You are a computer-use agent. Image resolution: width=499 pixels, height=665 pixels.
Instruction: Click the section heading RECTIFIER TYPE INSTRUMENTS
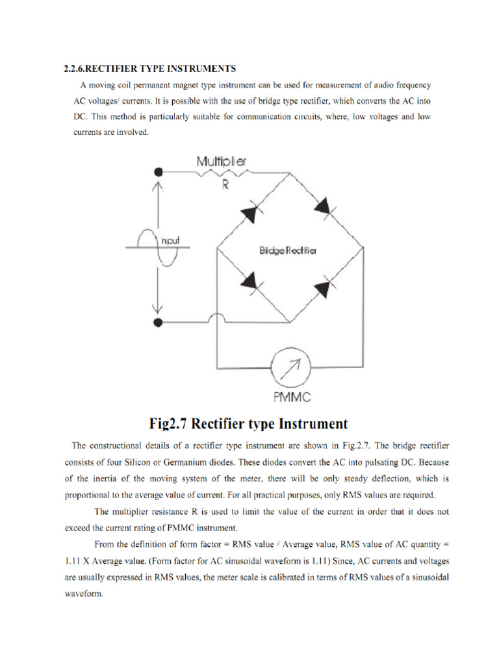pos(149,68)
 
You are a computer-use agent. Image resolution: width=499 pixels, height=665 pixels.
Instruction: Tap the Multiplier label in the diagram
pos(221,160)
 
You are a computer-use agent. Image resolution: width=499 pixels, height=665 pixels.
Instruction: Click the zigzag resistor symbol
pos(224,172)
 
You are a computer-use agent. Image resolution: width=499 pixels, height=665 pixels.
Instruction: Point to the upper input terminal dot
pos(158,172)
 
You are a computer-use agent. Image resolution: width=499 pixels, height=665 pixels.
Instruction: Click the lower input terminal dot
pos(158,322)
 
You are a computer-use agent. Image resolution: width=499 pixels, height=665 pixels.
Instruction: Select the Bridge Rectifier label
pos(288,251)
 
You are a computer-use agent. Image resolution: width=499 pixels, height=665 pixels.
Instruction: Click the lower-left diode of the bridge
pos(251,281)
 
